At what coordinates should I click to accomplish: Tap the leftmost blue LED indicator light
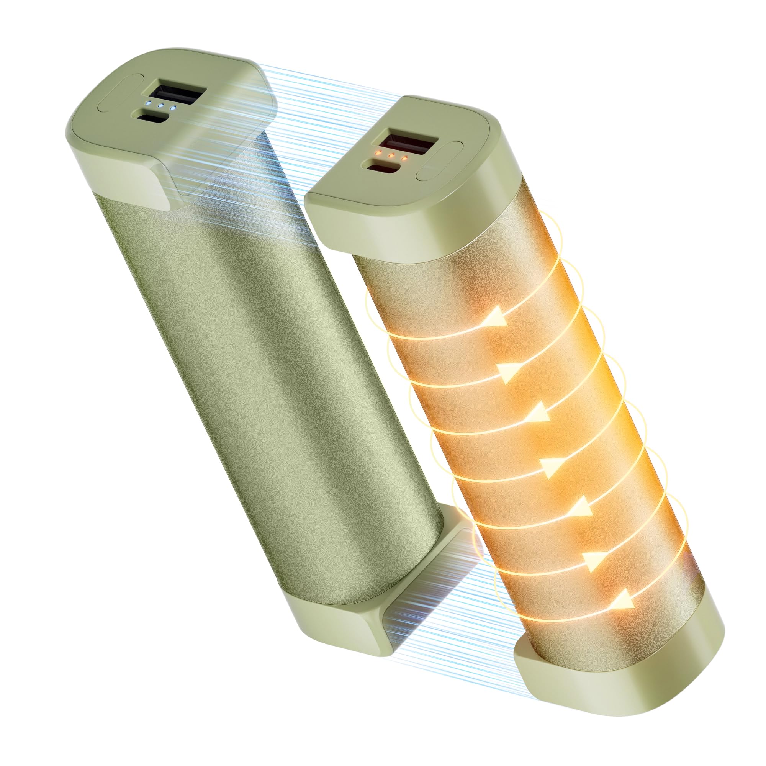148,104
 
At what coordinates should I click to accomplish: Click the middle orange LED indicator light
391,155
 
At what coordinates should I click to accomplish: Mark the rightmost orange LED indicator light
405,158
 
